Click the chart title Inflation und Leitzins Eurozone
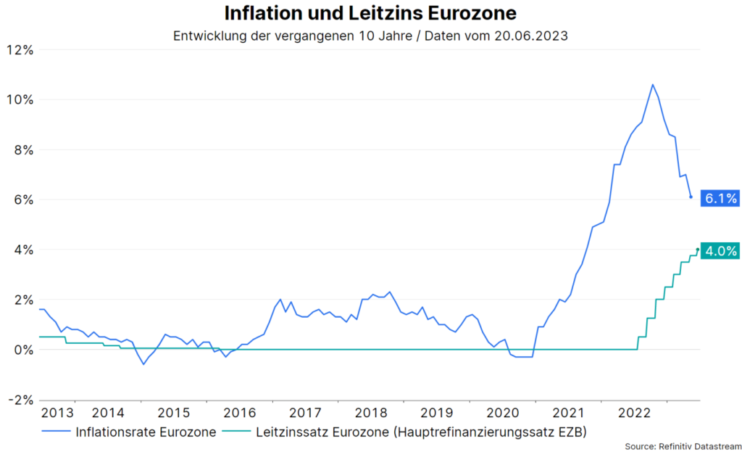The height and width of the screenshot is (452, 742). (x=370, y=14)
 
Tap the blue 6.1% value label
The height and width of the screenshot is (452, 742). (x=720, y=198)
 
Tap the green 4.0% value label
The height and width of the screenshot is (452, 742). (x=720, y=251)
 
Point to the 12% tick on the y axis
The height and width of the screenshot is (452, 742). (x=20, y=50)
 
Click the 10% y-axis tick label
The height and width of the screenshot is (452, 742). (x=20, y=100)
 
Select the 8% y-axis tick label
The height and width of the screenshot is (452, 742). (x=23, y=150)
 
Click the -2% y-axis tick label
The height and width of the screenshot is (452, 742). (x=20, y=400)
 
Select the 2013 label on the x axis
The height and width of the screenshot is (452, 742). (x=57, y=414)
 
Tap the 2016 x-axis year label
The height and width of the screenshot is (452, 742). (x=239, y=414)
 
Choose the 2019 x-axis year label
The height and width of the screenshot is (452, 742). (x=437, y=414)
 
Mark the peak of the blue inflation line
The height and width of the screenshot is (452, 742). (x=652, y=84)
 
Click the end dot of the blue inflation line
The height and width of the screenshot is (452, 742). (x=691, y=197)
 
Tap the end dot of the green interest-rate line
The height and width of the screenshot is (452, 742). (x=697, y=250)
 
